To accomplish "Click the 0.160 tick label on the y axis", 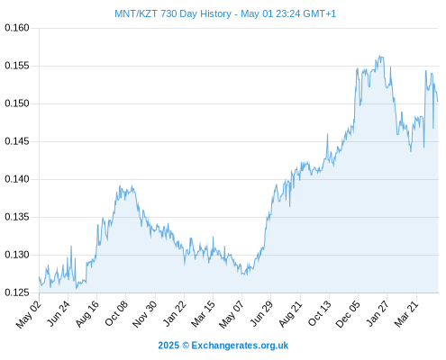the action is pos(17,28).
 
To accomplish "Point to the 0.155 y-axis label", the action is pos(17,66).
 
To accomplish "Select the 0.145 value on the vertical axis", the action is pos(17,141).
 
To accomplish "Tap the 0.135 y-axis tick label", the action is pos(17,217).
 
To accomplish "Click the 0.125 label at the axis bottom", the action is pos(17,292).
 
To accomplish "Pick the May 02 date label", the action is pos(28,314).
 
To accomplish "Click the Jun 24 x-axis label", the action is pos(58,313).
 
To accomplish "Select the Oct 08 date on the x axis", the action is pos(116,313).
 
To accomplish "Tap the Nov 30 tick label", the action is pos(144,314).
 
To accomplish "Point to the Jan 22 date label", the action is pos(174,313).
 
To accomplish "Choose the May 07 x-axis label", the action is pos(231,314).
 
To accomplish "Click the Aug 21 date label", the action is pos(290,314).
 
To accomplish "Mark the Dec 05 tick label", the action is pos(347,314).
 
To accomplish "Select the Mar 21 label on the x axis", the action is pos(406,314).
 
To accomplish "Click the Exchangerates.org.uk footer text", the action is pos(240,346).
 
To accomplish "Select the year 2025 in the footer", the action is pos(168,346).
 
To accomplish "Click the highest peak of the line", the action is pos(380,56).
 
